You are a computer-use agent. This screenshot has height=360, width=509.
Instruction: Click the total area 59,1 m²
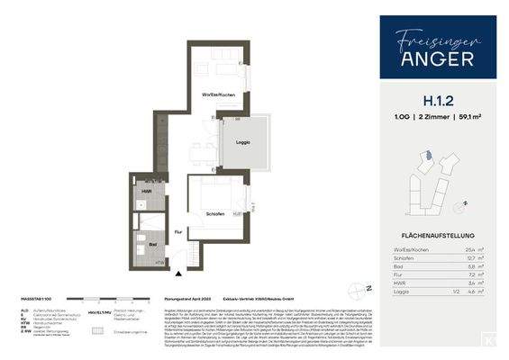[x=470, y=130]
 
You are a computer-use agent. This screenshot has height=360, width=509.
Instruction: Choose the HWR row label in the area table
[x=401, y=283]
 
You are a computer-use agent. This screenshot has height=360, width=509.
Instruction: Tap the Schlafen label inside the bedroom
[x=214, y=214]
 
